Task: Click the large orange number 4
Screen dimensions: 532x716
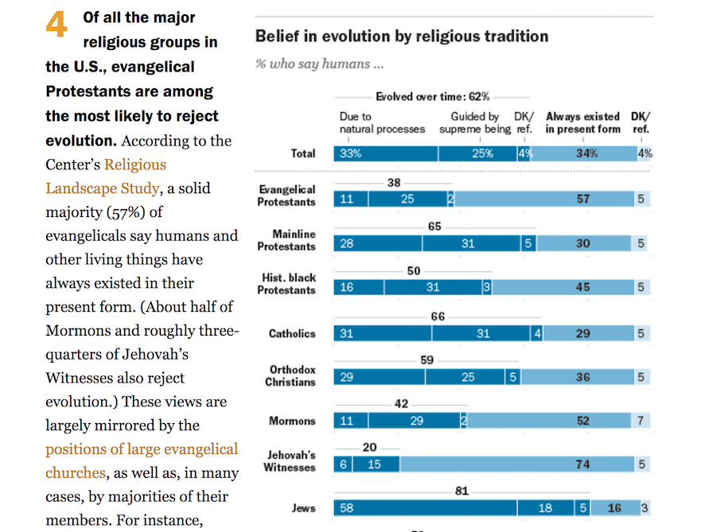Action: (56, 25)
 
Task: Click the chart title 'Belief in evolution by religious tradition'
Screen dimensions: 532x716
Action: (401, 37)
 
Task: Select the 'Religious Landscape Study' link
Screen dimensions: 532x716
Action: (106, 177)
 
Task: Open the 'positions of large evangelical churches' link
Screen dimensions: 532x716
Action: (142, 460)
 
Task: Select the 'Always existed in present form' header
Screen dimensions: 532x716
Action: (582, 122)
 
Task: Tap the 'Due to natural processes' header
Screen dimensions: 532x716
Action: (382, 122)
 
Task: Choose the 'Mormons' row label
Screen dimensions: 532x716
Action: (293, 421)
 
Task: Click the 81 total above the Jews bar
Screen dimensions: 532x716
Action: (462, 491)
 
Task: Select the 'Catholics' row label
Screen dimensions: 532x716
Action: (292, 334)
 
